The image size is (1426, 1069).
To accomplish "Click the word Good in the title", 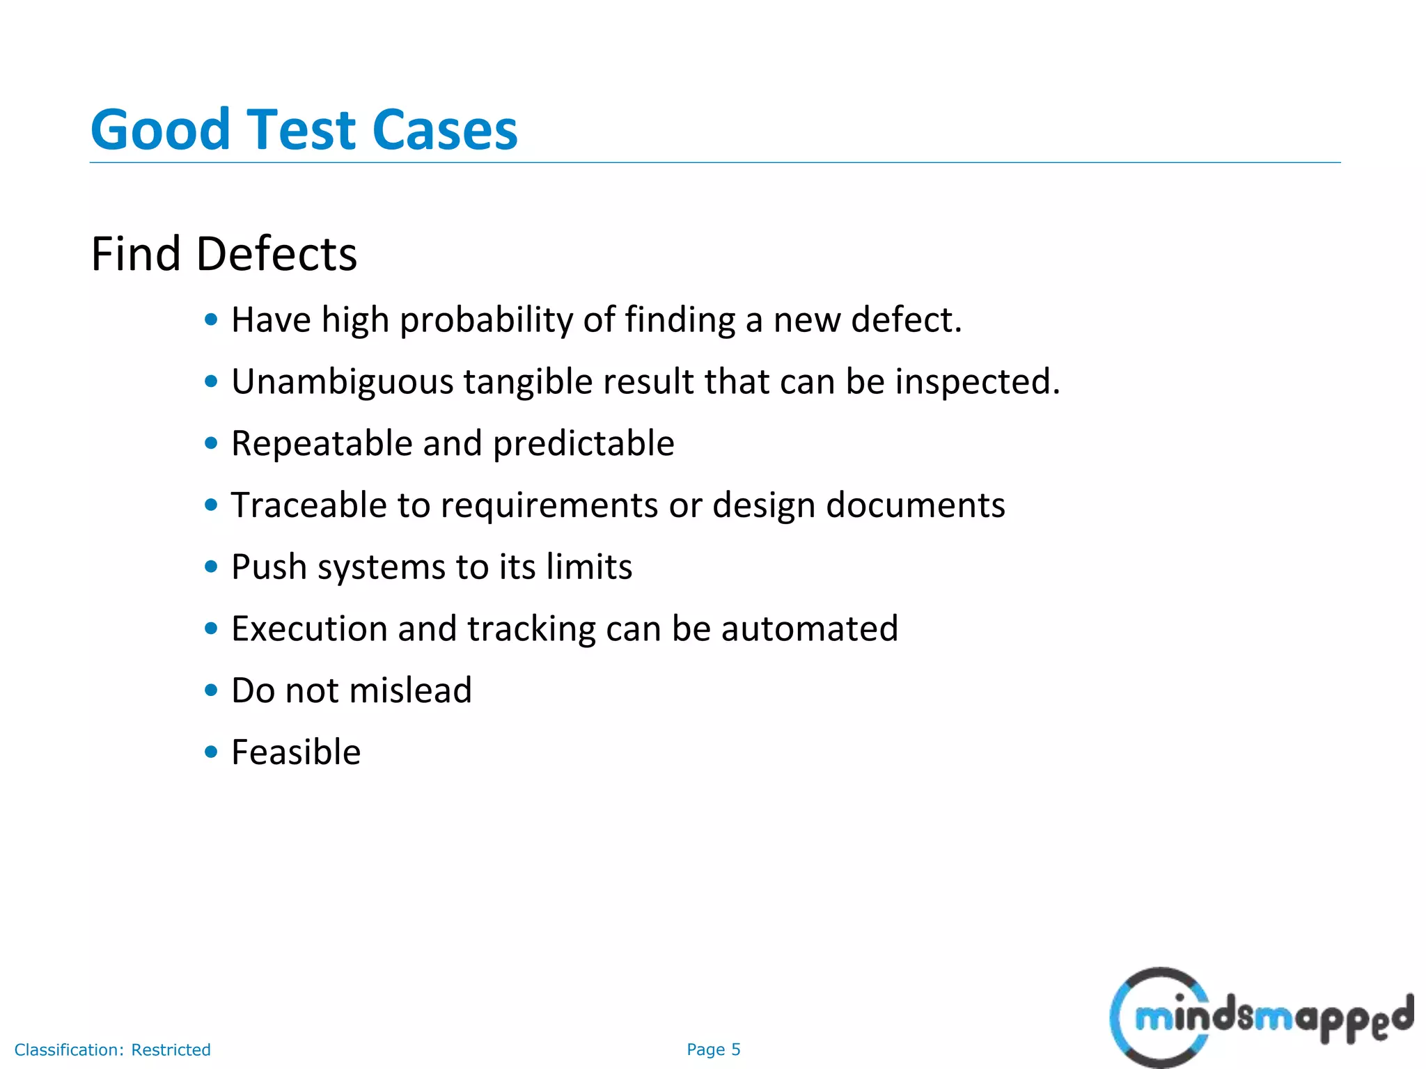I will [x=160, y=130].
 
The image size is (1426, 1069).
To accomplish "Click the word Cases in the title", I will [x=445, y=130].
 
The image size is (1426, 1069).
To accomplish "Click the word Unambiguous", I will [x=343, y=382].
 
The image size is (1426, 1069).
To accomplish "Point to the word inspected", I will [x=977, y=382].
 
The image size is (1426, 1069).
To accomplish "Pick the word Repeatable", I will [x=322, y=443].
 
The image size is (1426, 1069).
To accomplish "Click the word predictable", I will [x=583, y=445].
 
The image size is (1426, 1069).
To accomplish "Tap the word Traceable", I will [x=308, y=505].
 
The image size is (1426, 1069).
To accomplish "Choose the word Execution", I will [x=309, y=628].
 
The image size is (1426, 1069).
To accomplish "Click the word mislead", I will [x=410, y=690].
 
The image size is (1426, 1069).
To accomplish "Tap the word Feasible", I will [x=296, y=752].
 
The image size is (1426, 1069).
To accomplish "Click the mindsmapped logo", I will [x=1260, y=1017].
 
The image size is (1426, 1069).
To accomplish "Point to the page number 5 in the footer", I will [x=736, y=1050].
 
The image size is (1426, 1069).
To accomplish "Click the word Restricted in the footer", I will [x=171, y=1050].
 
